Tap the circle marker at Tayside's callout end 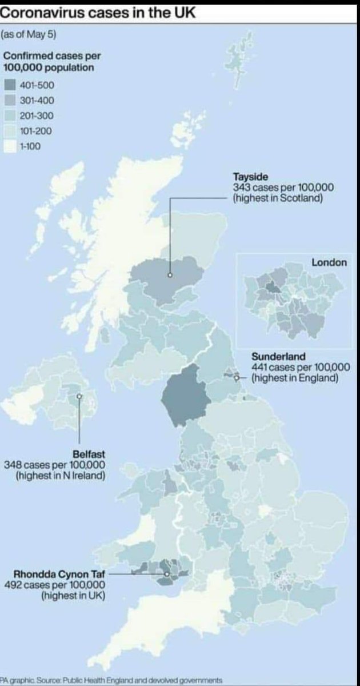click(170, 276)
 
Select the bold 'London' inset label click(329, 263)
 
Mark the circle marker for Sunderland click(237, 377)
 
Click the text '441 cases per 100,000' click(301, 367)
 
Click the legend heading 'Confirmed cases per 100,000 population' click(49, 61)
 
